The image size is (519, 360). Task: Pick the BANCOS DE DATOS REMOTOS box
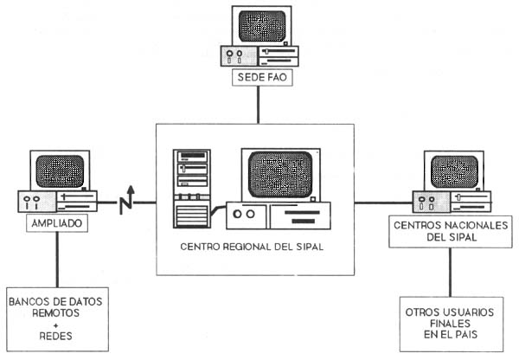click(58, 318)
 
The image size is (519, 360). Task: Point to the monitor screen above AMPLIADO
click(57, 172)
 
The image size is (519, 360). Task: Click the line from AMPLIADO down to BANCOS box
click(57, 258)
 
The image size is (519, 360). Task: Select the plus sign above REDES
click(58, 325)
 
